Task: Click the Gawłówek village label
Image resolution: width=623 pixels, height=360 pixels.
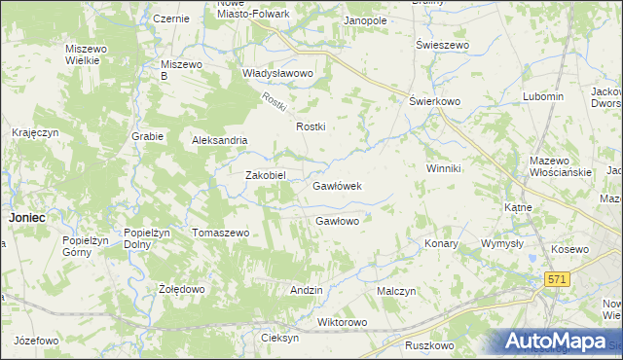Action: tap(337, 185)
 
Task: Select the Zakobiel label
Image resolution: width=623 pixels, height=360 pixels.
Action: tap(265, 175)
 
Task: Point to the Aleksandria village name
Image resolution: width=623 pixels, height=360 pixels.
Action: tap(227, 139)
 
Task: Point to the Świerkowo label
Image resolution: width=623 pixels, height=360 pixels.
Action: tap(434, 100)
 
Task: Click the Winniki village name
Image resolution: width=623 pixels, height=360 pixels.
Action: tap(443, 168)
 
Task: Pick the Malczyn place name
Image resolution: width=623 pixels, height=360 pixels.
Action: tap(396, 291)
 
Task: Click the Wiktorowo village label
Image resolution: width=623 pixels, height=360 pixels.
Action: tap(342, 322)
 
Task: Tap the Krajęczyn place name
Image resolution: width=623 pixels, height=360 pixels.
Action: tap(36, 131)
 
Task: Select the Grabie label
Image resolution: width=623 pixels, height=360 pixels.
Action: tap(148, 136)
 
